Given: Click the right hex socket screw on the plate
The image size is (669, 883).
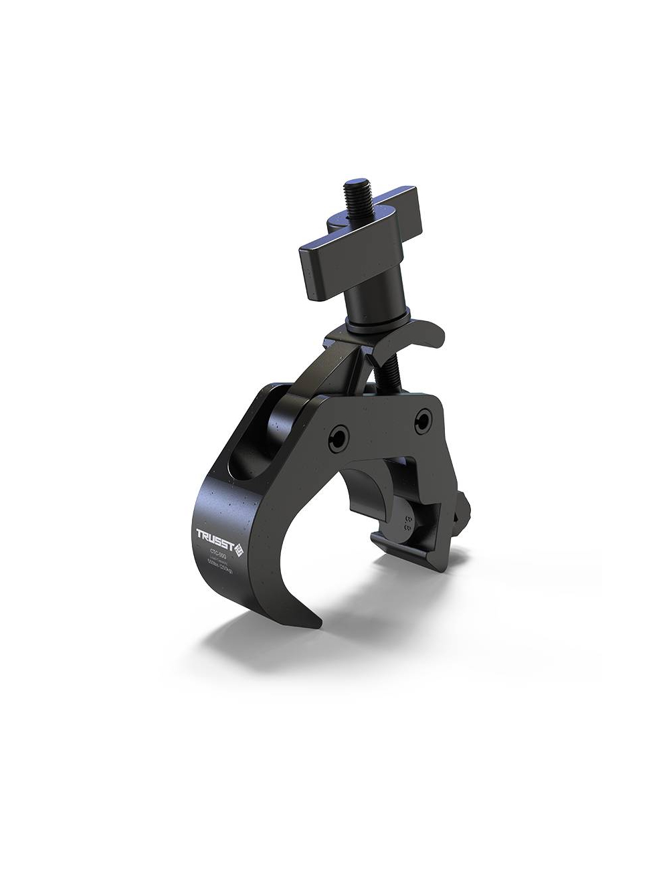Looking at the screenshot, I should (423, 419).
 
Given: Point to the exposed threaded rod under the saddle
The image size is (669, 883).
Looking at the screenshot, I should (389, 375).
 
